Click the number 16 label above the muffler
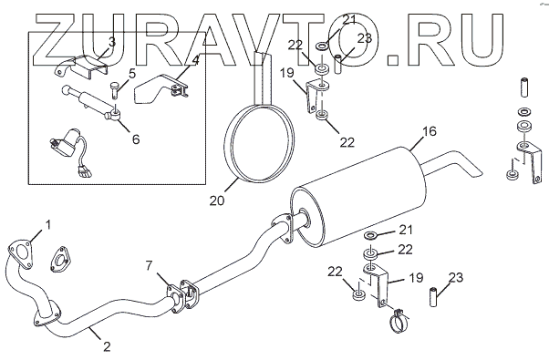coord(430,131)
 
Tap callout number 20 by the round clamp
coord(217,201)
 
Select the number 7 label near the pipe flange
coord(150,266)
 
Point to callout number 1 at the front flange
coord(48,224)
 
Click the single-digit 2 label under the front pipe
coord(107,346)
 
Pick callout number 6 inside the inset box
coord(136,139)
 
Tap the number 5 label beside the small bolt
coord(131,74)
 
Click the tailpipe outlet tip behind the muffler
coord(474,172)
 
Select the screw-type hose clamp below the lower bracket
coord(399,321)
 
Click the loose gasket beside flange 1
coord(60,259)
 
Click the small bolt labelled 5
coord(115,90)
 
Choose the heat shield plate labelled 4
coord(160,89)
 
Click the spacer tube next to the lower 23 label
coord(434,297)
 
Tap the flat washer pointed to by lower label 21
coord(371,235)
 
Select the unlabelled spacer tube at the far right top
coord(524,87)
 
